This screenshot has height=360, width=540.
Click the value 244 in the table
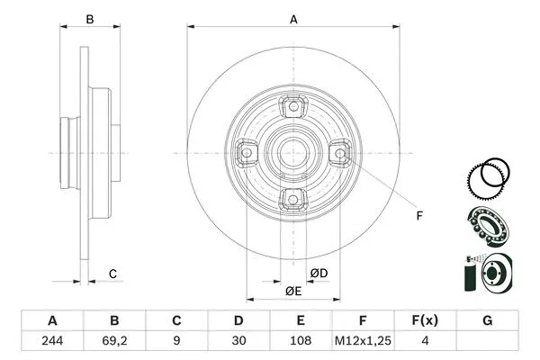[52, 342]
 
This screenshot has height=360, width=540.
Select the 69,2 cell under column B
[114, 342]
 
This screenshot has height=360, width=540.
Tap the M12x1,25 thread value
[363, 342]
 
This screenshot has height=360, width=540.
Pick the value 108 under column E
[301, 342]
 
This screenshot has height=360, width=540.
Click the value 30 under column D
[238, 342]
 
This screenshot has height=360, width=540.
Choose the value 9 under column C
[176, 342]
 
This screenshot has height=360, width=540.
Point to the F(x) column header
[425, 320]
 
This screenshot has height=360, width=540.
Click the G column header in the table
[487, 320]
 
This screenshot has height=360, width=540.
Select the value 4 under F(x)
[425, 342]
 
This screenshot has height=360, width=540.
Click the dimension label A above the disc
[293, 19]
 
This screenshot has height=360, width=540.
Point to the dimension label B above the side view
[89, 19]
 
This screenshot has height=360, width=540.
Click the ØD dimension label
[318, 273]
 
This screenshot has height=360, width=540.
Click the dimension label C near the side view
[112, 273]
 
